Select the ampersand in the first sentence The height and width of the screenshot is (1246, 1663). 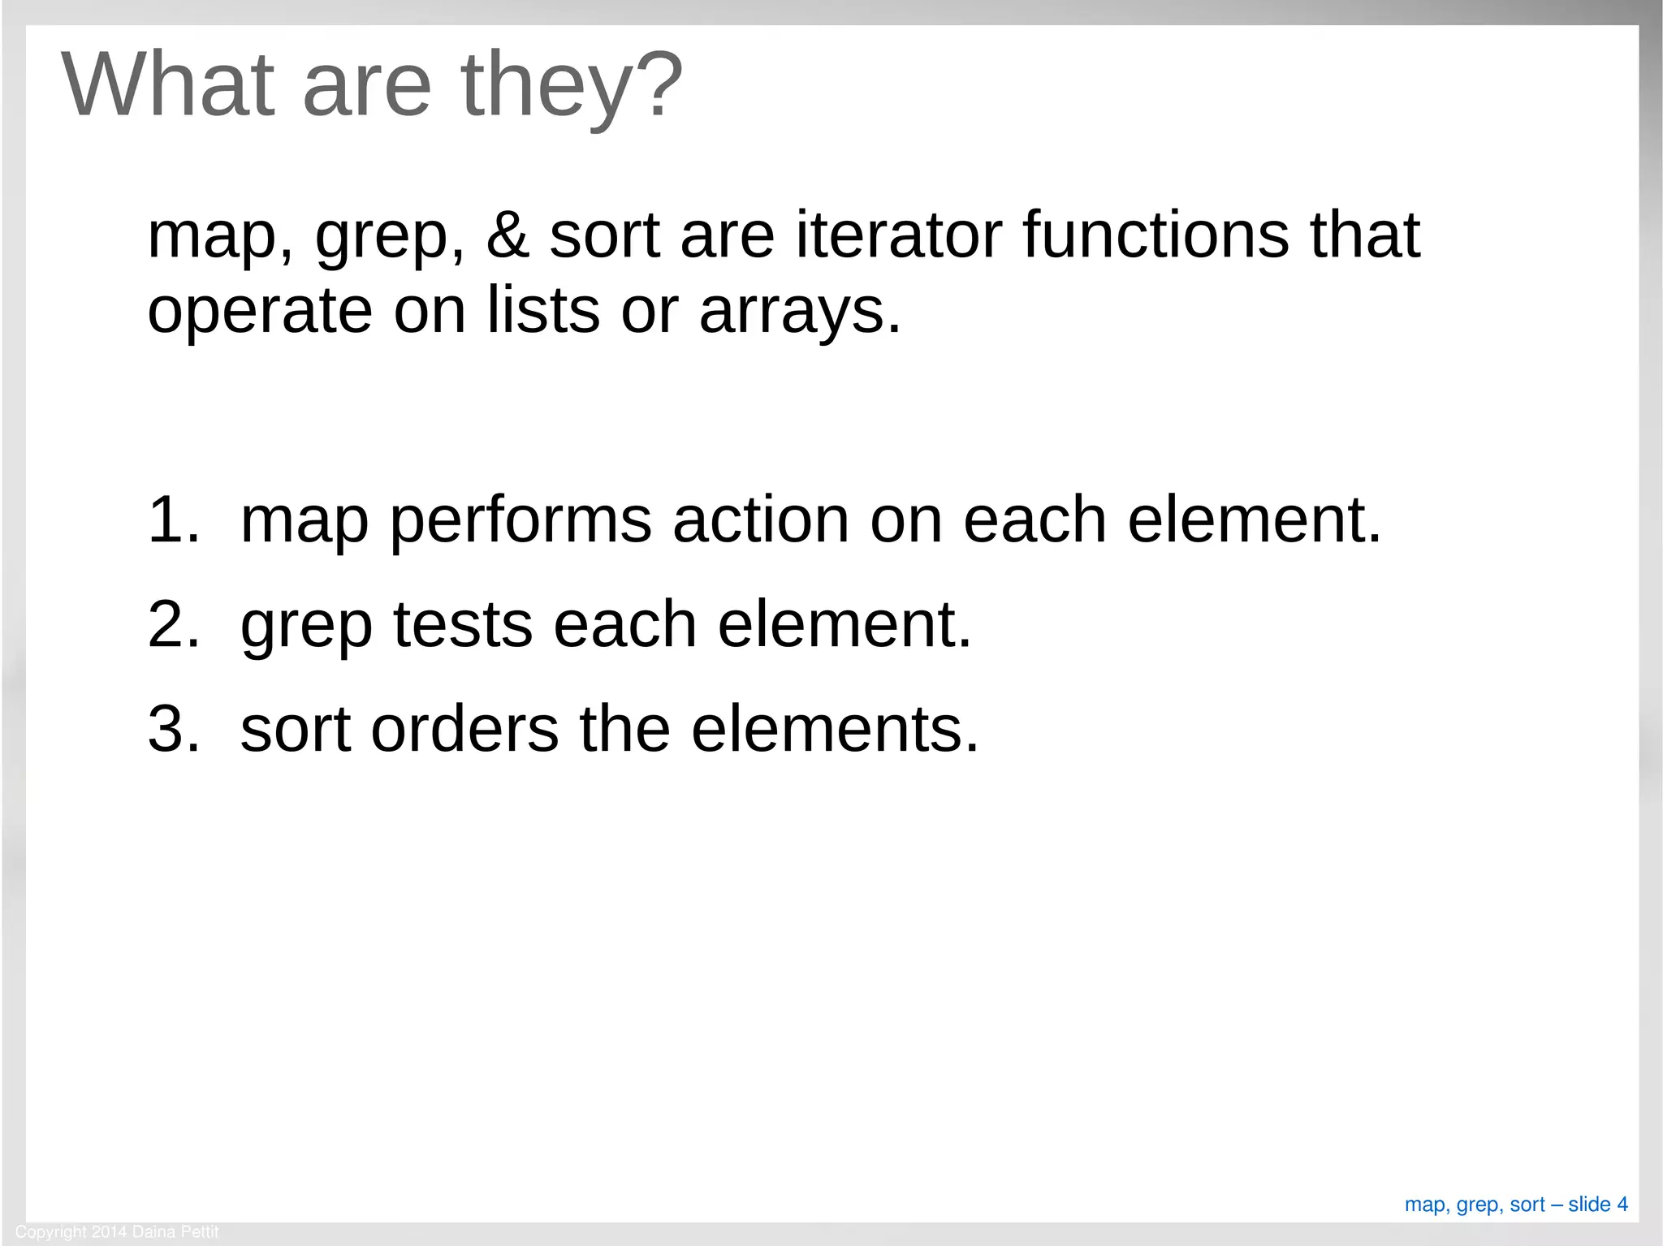tap(508, 235)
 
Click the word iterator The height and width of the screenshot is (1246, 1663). tap(898, 235)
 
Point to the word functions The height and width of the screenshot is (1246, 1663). tap(1155, 235)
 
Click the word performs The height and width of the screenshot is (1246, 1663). tap(520, 522)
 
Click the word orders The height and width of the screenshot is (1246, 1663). tap(464, 729)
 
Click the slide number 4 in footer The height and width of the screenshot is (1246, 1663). tap(1622, 1204)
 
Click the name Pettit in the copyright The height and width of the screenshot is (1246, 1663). tap(199, 1232)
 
